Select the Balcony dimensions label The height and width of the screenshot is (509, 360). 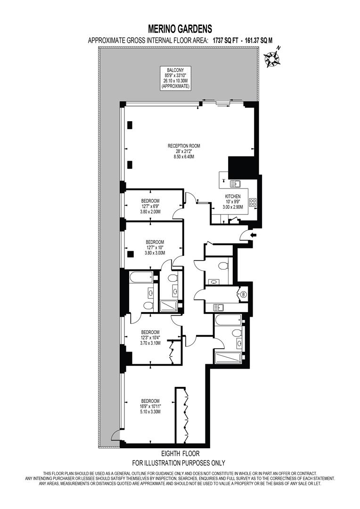(175, 79)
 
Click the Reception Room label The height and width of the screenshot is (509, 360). (184, 151)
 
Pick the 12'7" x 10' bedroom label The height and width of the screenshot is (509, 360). (154, 247)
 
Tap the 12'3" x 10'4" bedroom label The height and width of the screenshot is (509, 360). (150, 337)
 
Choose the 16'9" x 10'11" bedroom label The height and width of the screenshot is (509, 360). (150, 406)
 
